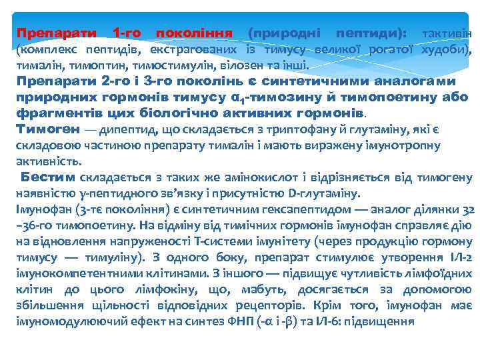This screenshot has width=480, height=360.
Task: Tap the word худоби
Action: (448, 49)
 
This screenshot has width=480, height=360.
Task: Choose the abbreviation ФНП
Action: (249, 321)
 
